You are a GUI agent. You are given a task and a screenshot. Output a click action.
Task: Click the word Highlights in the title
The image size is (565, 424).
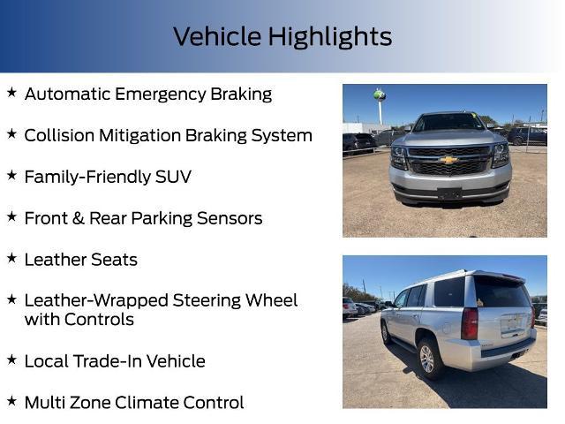[x=330, y=37]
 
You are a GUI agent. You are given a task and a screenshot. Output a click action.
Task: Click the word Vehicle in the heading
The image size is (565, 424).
[x=217, y=37]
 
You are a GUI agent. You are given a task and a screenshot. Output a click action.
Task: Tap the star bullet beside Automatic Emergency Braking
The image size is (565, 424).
[x=11, y=92]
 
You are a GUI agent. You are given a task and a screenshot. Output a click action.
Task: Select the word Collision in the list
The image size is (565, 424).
[x=59, y=135]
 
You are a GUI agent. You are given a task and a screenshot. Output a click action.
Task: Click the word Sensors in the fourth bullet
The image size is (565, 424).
[x=228, y=218]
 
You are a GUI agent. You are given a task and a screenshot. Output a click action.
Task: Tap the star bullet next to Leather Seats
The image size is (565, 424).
[x=11, y=258]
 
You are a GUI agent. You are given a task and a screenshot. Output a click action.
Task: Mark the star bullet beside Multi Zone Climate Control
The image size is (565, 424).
[x=11, y=401]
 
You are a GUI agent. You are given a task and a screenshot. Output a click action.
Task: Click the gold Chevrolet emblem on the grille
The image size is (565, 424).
[x=449, y=160]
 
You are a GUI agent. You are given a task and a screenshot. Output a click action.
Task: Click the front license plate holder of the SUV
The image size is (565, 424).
[x=449, y=192]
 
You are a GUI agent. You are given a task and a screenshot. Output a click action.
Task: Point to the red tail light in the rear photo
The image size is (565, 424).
[x=470, y=323]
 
